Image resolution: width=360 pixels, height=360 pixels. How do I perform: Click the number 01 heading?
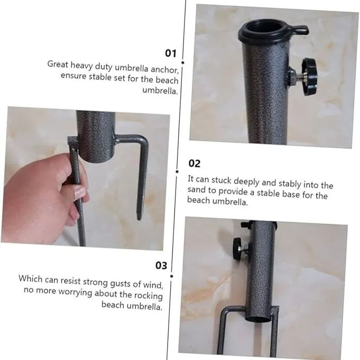[x=170, y=53]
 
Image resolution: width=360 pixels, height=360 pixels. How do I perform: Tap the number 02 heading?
[x=195, y=163]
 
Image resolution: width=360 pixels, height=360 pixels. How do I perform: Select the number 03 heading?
[x=161, y=265]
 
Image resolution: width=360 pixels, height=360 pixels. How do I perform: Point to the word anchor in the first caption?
[x=166, y=69]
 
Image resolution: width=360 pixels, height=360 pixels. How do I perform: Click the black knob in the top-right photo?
[x=309, y=76]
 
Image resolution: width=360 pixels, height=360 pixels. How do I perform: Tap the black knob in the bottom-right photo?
[x=238, y=248]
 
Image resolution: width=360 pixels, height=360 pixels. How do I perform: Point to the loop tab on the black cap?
[x=300, y=30]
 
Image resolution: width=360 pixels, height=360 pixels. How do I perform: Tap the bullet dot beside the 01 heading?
[x=182, y=54]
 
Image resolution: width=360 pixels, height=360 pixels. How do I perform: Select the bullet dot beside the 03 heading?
[x=172, y=264]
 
